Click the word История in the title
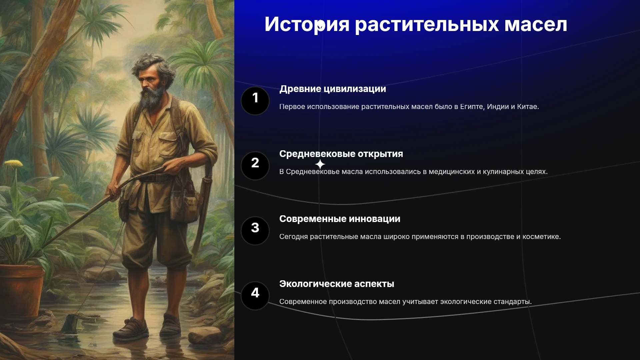click(x=307, y=24)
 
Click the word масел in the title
click(x=536, y=25)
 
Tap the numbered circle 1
click(x=255, y=101)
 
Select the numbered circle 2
click(x=255, y=166)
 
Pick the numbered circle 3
click(x=255, y=231)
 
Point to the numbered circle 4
click(x=255, y=296)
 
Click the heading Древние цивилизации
click(x=333, y=89)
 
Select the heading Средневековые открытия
click(x=341, y=154)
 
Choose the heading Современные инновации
click(x=340, y=219)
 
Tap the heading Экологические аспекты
click(x=337, y=284)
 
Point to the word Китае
click(x=528, y=107)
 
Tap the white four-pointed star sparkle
click(x=320, y=164)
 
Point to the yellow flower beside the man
click(x=13, y=163)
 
